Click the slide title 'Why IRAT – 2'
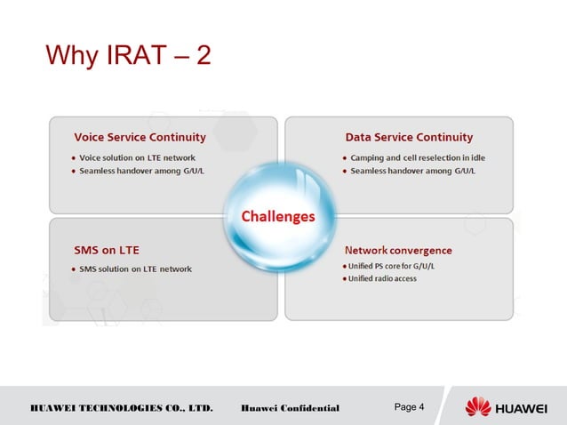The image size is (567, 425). [x=128, y=56]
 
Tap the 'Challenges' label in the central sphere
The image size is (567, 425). [x=278, y=216]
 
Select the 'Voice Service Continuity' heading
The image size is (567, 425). [x=140, y=137]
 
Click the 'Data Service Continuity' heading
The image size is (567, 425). [x=409, y=137]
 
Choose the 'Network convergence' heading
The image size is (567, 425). [x=398, y=250]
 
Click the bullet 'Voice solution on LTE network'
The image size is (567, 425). [x=137, y=157]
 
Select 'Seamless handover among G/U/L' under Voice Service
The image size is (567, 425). [x=142, y=171]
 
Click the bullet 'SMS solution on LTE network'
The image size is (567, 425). [x=135, y=269]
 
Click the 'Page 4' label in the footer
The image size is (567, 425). [x=409, y=407]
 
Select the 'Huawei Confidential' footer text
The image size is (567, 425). [x=290, y=408]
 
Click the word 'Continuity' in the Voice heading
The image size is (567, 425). [x=174, y=137]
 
